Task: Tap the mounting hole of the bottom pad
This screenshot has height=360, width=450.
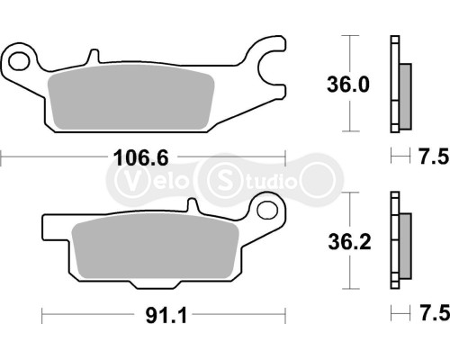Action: pyautogui.click(x=265, y=211)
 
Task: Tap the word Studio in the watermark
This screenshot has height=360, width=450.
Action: pyautogui.click(x=265, y=181)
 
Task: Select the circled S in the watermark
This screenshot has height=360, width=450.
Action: pyautogui.click(x=223, y=181)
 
